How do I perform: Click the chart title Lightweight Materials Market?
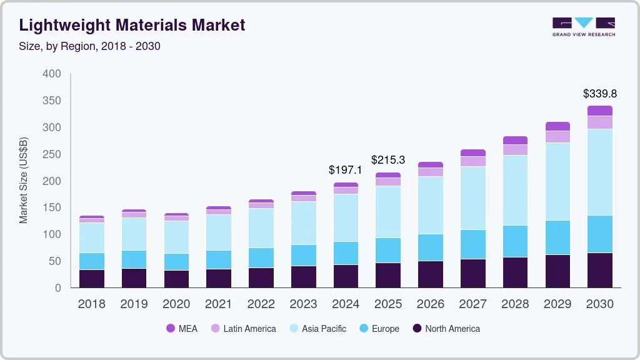coord(132,25)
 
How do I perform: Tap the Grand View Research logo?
coord(583,27)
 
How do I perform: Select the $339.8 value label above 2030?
coord(600,94)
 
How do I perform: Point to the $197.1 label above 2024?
coord(346,170)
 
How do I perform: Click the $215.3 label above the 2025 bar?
coord(388,160)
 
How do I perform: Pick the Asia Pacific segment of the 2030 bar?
coord(600,172)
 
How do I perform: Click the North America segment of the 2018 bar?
coord(92,279)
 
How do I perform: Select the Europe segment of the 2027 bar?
coord(473,244)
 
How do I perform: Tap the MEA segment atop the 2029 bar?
coord(557,126)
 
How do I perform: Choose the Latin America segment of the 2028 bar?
coord(515,150)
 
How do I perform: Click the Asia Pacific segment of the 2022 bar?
coord(261,228)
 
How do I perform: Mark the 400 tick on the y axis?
coord(52,74)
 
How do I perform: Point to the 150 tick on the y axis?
coord(52,207)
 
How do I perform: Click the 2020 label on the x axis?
coord(176,304)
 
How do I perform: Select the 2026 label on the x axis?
coord(431,304)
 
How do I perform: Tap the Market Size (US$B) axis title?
coord(24,181)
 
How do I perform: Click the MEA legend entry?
coord(182,329)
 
